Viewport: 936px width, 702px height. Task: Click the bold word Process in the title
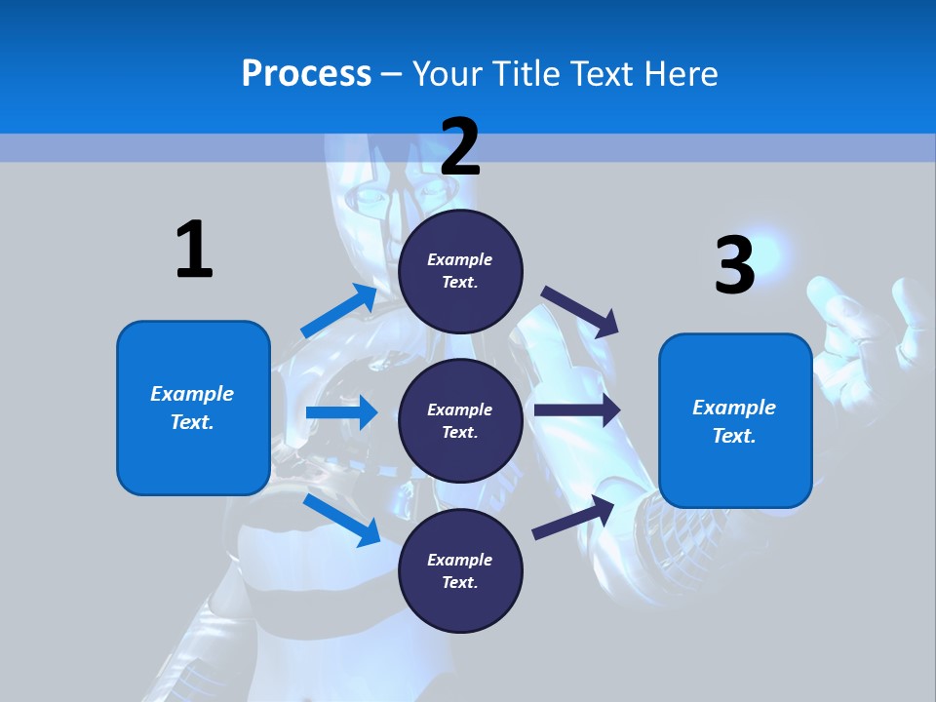click(306, 74)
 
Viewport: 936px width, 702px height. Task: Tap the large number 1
click(194, 250)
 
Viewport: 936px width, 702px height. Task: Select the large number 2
click(460, 147)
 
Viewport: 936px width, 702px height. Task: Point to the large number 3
click(735, 265)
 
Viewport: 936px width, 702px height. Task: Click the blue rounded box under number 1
click(193, 408)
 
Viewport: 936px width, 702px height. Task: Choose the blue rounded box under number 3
click(735, 421)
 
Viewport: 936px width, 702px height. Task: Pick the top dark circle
click(460, 271)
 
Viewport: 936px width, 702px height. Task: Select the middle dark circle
click(460, 420)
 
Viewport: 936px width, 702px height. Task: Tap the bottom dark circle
click(460, 570)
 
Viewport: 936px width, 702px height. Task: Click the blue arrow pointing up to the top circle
click(339, 311)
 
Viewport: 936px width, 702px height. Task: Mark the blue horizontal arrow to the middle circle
click(341, 412)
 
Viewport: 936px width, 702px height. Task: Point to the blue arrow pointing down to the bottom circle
click(341, 520)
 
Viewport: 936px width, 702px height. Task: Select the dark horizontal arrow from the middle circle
click(577, 410)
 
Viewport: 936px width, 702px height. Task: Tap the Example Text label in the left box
click(192, 408)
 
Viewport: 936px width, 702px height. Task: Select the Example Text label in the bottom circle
click(459, 570)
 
